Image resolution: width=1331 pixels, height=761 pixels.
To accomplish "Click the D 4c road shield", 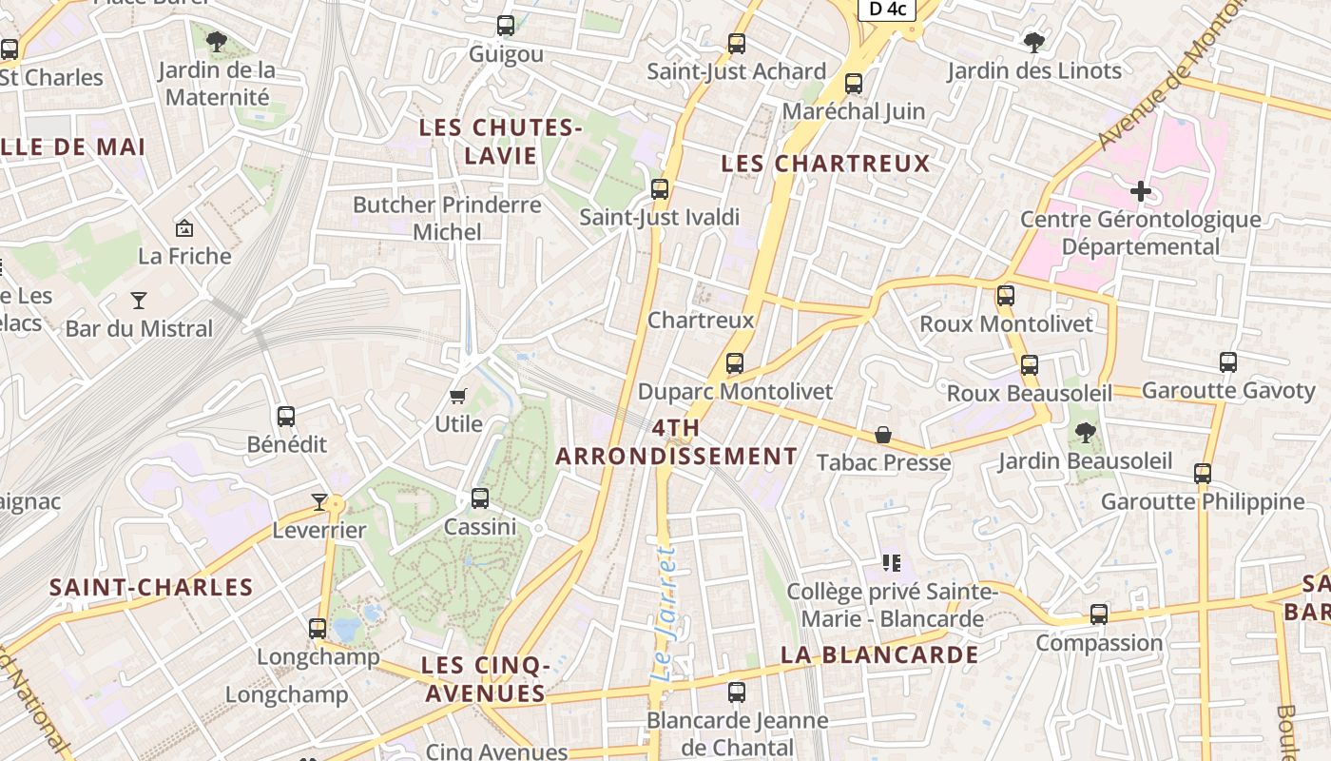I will (x=887, y=10).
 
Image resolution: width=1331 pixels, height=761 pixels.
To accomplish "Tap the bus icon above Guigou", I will (x=506, y=26).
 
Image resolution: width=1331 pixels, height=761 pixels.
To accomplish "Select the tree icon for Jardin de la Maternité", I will (x=217, y=41).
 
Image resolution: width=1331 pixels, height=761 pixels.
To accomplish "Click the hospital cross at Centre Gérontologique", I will (x=1141, y=191).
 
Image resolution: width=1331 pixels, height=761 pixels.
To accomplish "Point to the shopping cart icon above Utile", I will (x=458, y=396).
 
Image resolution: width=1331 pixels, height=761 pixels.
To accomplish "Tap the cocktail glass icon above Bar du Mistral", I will (x=139, y=301).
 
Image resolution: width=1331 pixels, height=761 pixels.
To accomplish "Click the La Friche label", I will (x=184, y=256).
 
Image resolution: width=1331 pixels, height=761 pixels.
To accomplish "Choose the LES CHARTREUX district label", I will (x=825, y=164).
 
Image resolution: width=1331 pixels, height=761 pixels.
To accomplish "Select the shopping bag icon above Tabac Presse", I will (x=883, y=435).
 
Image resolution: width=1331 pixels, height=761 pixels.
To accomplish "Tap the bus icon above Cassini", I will (x=480, y=498).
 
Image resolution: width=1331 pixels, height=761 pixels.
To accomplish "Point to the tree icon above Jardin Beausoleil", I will (x=1085, y=434).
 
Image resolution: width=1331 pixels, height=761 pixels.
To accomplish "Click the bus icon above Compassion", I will (x=1099, y=615).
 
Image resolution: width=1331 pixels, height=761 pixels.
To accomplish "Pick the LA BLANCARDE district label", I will (x=879, y=654).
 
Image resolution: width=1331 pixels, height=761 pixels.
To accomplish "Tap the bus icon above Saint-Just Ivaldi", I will (x=660, y=188).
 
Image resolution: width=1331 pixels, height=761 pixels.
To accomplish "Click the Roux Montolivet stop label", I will (x=1006, y=323).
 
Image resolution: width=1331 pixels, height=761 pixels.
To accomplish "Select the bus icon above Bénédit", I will (x=286, y=417).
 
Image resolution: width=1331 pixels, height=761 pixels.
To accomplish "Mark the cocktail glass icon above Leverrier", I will (x=319, y=501).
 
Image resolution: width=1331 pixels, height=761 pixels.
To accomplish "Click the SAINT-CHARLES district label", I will (x=151, y=587).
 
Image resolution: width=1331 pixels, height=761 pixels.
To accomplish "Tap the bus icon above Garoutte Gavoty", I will (x=1228, y=362).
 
